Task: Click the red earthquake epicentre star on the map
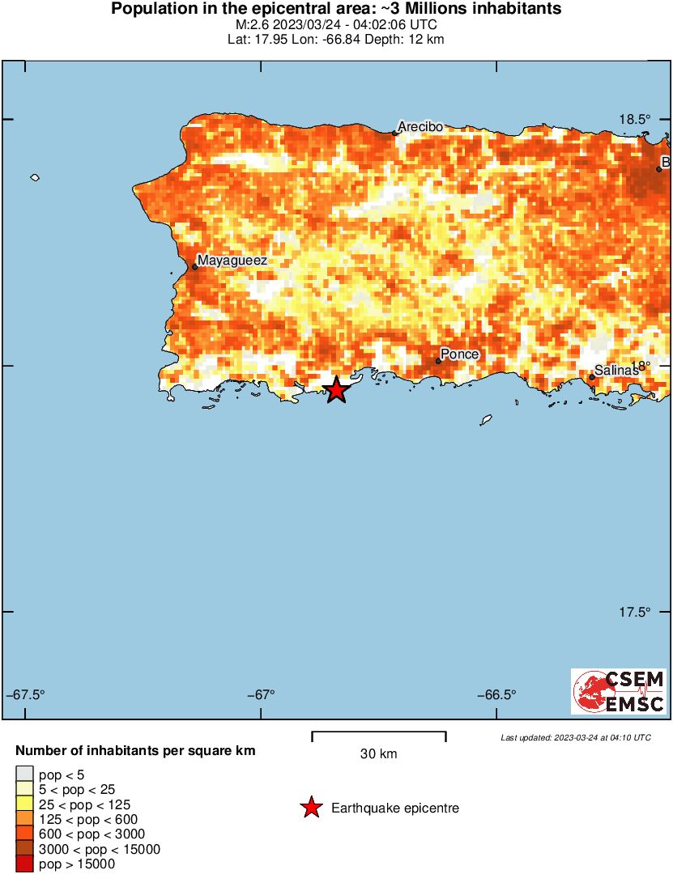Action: [337, 390]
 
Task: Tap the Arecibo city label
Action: [420, 126]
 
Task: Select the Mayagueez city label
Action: [232, 261]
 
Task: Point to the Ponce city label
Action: [460, 354]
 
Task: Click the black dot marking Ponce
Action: [438, 361]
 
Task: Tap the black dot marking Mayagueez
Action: [195, 267]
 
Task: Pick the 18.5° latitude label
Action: [635, 119]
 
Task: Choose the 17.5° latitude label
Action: [635, 612]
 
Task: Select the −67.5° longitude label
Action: [26, 694]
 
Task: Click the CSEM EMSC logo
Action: [620, 691]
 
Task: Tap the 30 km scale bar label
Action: [378, 754]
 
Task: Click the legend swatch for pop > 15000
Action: [24, 864]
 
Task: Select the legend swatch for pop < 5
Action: [24, 775]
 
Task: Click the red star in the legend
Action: [309, 808]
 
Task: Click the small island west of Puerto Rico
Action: [35, 177]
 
